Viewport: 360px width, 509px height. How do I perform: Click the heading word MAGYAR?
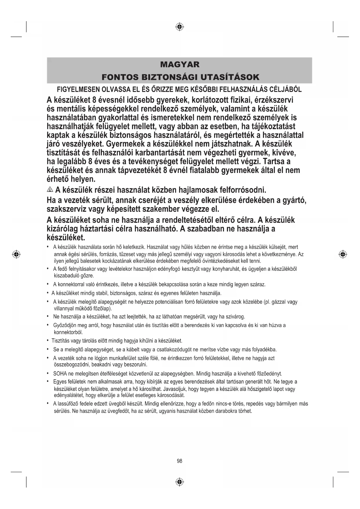click(180, 64)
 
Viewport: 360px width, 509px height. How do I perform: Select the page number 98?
click(180, 461)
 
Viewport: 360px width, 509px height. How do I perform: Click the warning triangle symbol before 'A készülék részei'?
click(50, 190)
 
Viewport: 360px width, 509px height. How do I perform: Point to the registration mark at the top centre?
click(180, 27)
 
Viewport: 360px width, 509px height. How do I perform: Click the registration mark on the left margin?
click(17, 255)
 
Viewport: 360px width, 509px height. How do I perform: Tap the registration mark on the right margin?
click(343, 255)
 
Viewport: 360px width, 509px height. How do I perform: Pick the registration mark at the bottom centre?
click(180, 482)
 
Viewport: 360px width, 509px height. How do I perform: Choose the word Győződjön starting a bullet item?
click(66, 325)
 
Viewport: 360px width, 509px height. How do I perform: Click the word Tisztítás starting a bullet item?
click(61, 341)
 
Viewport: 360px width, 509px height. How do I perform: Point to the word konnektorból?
click(68, 332)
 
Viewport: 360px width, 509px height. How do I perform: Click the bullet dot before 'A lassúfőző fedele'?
click(47, 404)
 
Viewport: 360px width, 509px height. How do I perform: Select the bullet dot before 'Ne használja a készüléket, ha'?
click(47, 316)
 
